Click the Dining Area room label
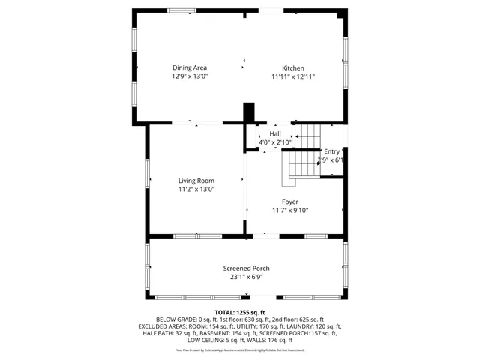coord(190,67)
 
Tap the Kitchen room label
coord(293,67)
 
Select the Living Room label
coord(196,181)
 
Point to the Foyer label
coord(290,202)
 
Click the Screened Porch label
coord(246,268)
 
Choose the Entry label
coord(331,151)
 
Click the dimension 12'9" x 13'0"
coord(190,76)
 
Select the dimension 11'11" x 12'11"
coord(293,76)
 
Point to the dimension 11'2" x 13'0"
coord(196,189)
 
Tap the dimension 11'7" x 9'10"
coord(290,210)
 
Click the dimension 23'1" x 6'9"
coord(246,277)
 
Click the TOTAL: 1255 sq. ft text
coord(240,312)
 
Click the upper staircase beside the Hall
coord(310,136)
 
